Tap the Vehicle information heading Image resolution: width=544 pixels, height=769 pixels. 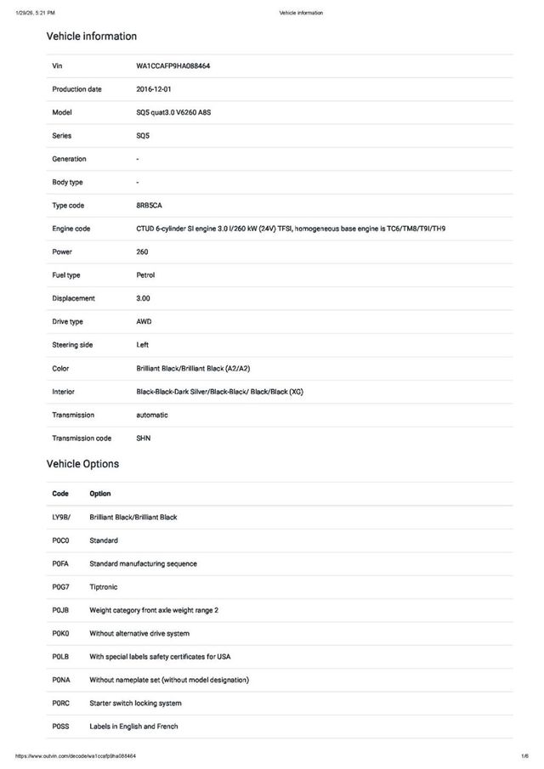tap(91, 37)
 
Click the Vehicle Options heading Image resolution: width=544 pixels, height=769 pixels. tap(82, 464)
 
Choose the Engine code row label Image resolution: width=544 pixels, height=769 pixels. tap(71, 229)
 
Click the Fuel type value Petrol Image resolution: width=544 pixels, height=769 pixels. tap(145, 275)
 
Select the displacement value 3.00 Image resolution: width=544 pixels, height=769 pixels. tap(144, 298)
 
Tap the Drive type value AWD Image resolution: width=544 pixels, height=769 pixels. tap(144, 322)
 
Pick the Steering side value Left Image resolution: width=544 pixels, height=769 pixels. tap(143, 345)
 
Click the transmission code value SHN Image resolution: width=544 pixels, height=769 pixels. tap(144, 438)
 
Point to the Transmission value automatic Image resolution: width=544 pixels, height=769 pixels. tap(152, 415)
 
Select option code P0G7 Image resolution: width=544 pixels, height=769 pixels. tap(60, 587)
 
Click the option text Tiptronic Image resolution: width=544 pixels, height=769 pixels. tap(105, 587)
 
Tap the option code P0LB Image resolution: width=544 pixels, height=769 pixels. tap(60, 657)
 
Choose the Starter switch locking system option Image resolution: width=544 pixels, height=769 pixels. tap(135, 704)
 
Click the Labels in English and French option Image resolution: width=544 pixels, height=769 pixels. tap(133, 727)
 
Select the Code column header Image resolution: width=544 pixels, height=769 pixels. tap(60, 494)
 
